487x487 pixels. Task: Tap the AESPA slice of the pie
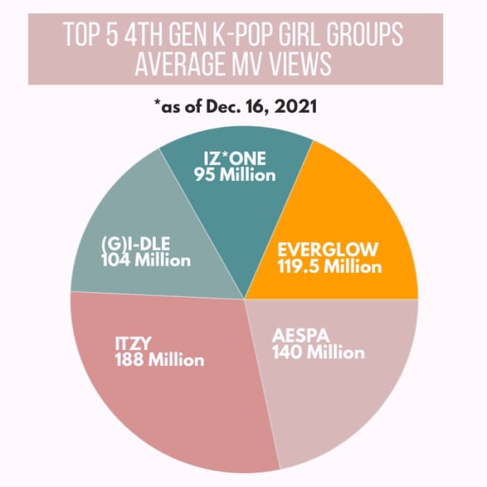tap(334, 390)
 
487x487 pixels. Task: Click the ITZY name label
tap(134, 343)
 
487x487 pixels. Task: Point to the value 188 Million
tap(159, 360)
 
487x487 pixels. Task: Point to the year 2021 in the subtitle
tap(302, 109)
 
